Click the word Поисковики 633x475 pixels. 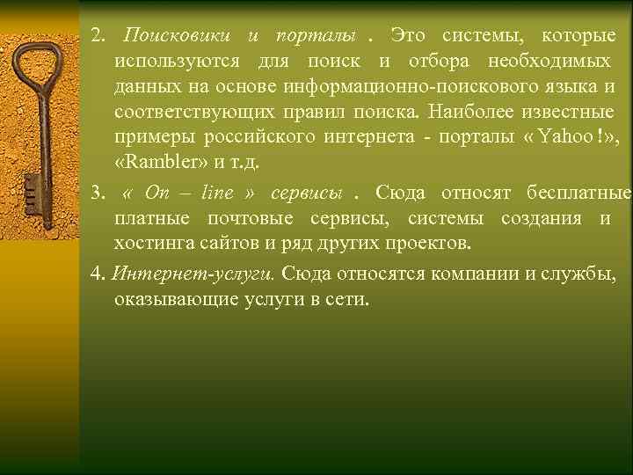pos(177,37)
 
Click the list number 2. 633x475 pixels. pos(97,37)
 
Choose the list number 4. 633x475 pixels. pos(96,273)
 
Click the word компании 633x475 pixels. pos(474,273)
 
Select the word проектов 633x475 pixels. pos(432,242)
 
